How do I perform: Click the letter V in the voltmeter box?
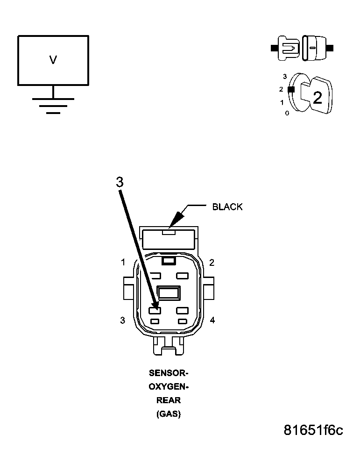pyautogui.click(x=53, y=60)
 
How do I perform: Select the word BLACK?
pyautogui.click(x=227, y=207)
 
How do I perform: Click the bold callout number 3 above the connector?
pyautogui.click(x=120, y=182)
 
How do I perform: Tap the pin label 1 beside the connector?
pyautogui.click(x=123, y=263)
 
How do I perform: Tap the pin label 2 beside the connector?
pyautogui.click(x=212, y=263)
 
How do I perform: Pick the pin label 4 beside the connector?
pyautogui.click(x=212, y=320)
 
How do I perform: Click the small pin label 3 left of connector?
pyautogui.click(x=123, y=320)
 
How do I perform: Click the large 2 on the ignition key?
pyautogui.click(x=318, y=98)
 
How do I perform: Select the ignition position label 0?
pyautogui.click(x=287, y=113)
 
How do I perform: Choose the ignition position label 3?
pyautogui.click(x=284, y=76)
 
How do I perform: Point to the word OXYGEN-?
pyautogui.click(x=168, y=387)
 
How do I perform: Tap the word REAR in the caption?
pyautogui.click(x=168, y=400)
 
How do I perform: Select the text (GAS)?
pyautogui.click(x=168, y=414)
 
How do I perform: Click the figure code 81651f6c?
pyautogui.click(x=313, y=430)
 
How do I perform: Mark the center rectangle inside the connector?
pyautogui.click(x=169, y=293)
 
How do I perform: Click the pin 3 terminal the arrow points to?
pyautogui.click(x=155, y=310)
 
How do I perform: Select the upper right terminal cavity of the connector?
pyautogui.click(x=182, y=275)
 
